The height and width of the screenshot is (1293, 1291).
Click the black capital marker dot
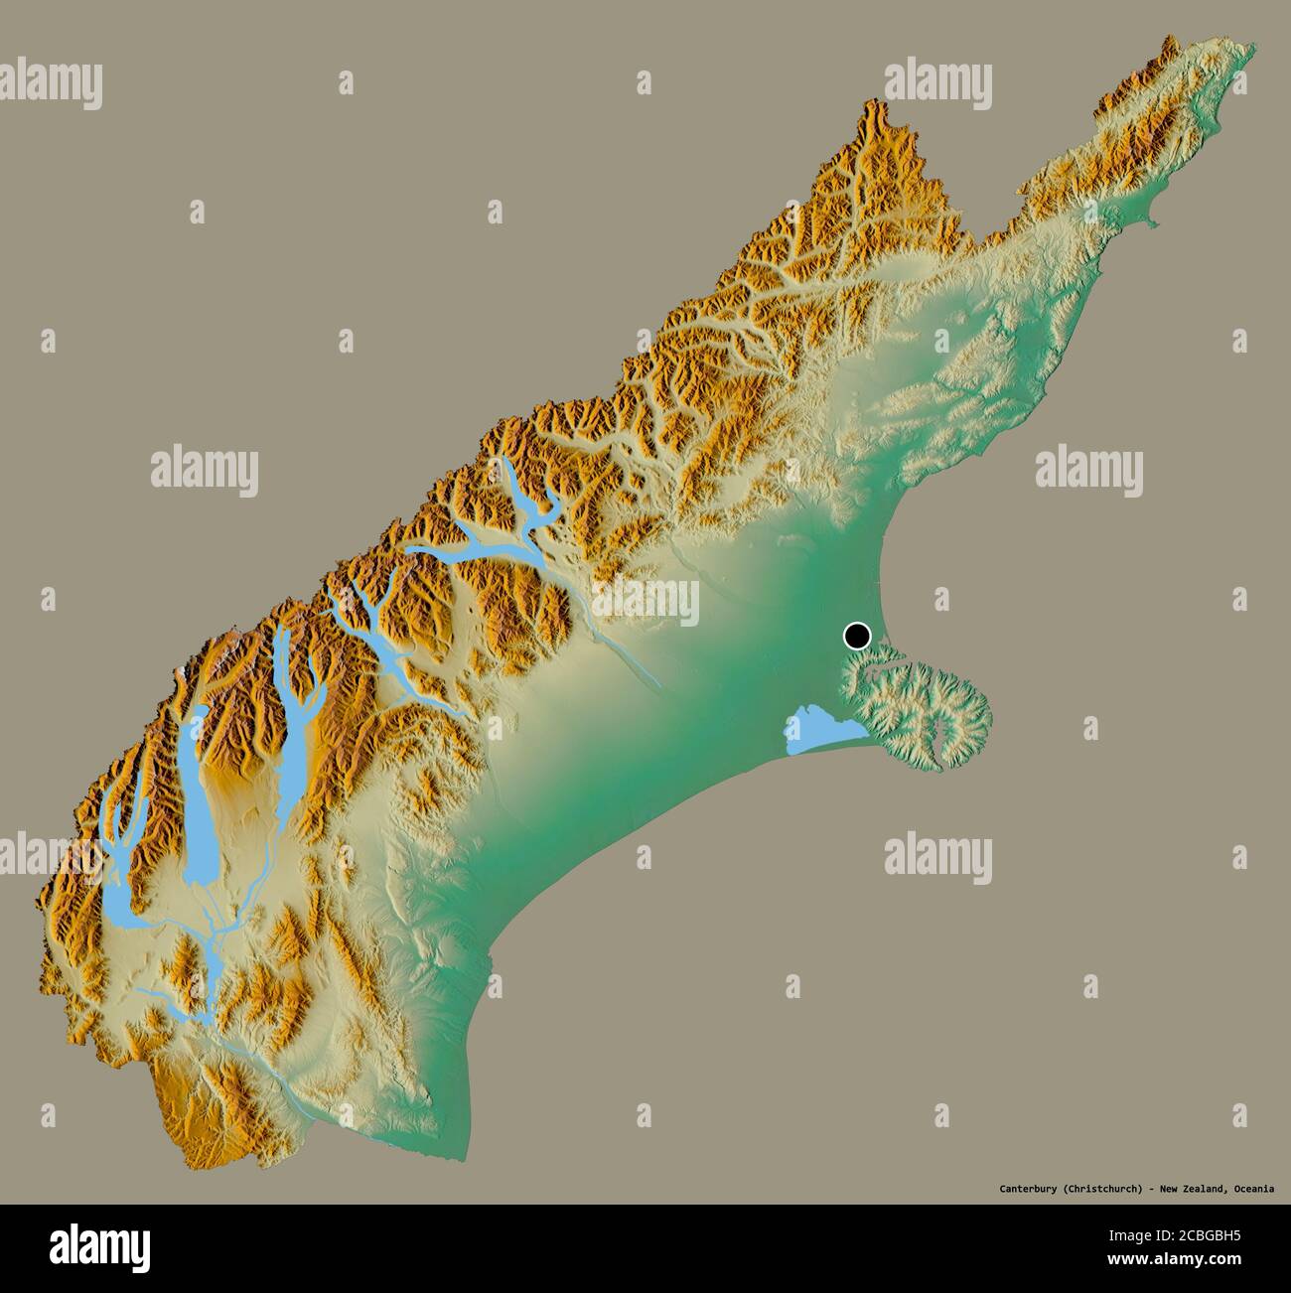(x=857, y=635)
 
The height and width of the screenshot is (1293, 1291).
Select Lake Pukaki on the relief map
(x=199, y=785)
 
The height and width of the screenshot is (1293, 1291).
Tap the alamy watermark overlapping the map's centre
(x=645, y=602)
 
